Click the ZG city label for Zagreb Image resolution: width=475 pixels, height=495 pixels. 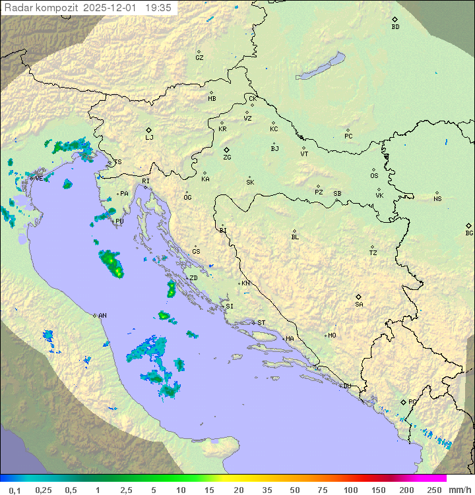click(227, 158)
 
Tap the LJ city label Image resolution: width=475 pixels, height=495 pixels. click(149, 138)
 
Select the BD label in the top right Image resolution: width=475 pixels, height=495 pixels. click(395, 27)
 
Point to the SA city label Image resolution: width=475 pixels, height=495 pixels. click(359, 305)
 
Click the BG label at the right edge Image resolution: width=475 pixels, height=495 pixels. click(469, 233)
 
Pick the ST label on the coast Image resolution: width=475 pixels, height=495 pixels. click(261, 323)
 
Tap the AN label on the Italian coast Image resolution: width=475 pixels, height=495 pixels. click(102, 316)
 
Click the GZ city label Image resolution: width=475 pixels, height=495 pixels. click(199, 58)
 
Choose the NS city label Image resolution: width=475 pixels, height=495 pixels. click(437, 199)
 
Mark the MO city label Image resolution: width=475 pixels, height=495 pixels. click(332, 335)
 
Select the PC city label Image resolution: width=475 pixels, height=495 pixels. click(348, 136)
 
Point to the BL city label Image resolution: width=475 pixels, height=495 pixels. click(295, 237)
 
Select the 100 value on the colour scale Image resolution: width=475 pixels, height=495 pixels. click(350, 490)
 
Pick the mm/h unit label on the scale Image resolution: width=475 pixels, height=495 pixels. click(457, 490)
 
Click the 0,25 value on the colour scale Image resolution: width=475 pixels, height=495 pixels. click(44, 490)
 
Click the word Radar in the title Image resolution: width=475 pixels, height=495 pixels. click(16, 7)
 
